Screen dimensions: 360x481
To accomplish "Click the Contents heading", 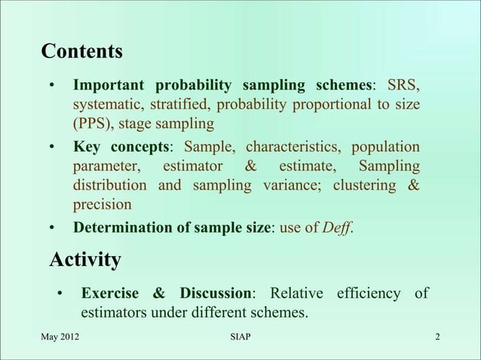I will tap(81, 52).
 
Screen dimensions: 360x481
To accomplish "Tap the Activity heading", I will tap(85, 260).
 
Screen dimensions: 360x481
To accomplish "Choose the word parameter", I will tap(106, 165).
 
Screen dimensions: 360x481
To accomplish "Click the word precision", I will tap(102, 204).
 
